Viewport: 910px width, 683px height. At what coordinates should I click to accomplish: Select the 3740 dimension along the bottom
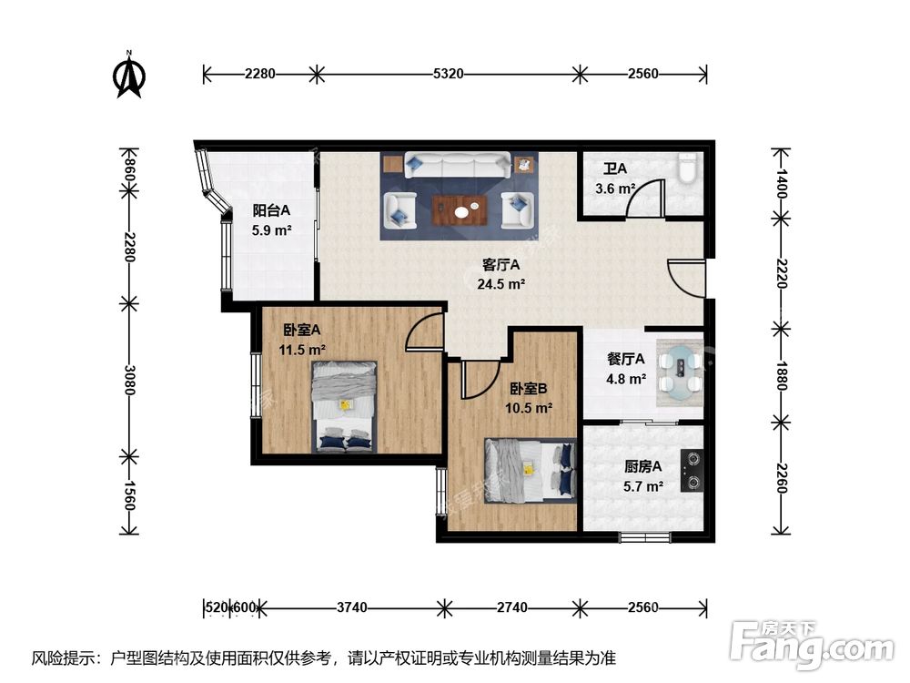click(351, 607)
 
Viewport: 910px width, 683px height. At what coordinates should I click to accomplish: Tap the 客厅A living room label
click(500, 266)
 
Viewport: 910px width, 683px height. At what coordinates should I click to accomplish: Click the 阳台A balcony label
click(271, 212)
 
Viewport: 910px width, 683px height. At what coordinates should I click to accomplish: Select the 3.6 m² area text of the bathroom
click(615, 189)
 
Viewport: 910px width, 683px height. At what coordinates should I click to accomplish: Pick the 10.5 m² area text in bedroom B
click(529, 407)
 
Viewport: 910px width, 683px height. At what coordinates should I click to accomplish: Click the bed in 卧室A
click(344, 406)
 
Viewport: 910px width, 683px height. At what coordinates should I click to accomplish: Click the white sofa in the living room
click(457, 165)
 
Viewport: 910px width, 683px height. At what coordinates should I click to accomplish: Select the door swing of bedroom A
click(425, 333)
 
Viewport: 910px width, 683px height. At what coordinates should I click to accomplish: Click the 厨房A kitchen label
click(642, 467)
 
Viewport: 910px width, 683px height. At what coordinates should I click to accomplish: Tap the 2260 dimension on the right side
click(779, 476)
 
